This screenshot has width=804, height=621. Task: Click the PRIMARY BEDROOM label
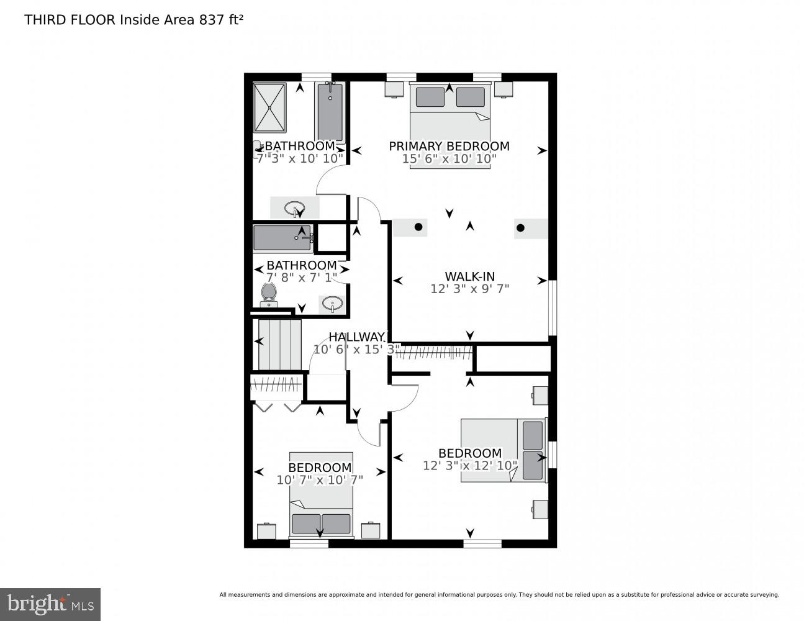click(x=449, y=146)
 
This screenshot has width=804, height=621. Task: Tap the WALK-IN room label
click(x=469, y=276)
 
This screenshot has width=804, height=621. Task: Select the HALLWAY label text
click(x=356, y=337)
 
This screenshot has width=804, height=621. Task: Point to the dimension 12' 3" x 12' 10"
click(x=470, y=465)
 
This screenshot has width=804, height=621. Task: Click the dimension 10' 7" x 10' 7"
click(x=320, y=479)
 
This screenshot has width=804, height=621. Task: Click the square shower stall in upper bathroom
click(x=269, y=107)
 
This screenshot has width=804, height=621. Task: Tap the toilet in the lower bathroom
click(x=269, y=293)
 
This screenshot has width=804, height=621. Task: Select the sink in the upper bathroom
click(x=294, y=207)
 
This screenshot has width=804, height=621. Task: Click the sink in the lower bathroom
click(x=333, y=304)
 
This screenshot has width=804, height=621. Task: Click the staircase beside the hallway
click(x=279, y=344)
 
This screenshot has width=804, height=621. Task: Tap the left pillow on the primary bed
click(x=430, y=97)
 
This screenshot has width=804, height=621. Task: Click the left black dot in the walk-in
click(x=418, y=227)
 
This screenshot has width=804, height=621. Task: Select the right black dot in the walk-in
click(x=520, y=228)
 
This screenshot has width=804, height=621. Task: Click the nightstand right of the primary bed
click(x=504, y=89)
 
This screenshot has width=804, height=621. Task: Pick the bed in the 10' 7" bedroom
click(x=320, y=494)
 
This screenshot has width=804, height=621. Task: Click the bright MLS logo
click(x=50, y=604)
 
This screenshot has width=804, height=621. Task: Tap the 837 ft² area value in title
click(x=221, y=20)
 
